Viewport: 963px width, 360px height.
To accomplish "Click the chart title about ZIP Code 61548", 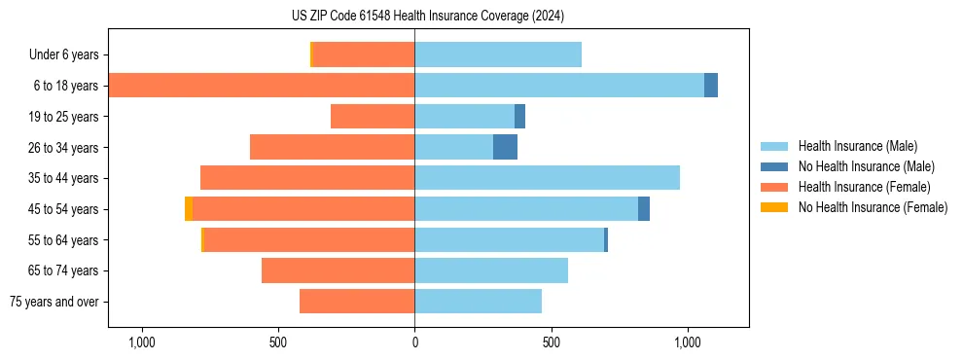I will [x=427, y=16].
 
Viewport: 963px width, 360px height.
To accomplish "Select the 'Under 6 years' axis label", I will [x=69, y=55].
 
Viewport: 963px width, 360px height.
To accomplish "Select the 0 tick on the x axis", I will [x=414, y=342].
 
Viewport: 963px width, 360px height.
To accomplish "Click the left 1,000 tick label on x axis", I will [x=142, y=342].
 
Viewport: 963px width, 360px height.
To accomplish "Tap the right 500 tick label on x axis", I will [x=552, y=342].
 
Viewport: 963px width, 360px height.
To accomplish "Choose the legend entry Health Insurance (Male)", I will [x=856, y=146].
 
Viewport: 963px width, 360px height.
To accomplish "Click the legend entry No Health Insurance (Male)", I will [x=865, y=166].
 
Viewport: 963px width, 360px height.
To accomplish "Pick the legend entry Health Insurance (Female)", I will [x=863, y=187].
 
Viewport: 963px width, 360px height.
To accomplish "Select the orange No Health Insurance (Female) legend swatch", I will [x=775, y=207].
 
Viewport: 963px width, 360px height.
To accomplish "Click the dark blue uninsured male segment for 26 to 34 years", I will [x=505, y=147].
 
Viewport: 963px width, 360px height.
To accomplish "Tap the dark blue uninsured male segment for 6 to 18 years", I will [x=711, y=86].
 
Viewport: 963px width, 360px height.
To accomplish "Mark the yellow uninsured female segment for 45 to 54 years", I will [x=189, y=209].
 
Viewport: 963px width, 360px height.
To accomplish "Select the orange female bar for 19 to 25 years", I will [x=373, y=117].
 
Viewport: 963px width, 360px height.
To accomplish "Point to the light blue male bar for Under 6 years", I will [x=498, y=55].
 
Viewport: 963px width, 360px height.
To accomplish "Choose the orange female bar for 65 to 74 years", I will [x=338, y=270].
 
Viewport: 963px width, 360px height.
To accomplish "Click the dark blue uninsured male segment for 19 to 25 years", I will [x=519, y=117].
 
